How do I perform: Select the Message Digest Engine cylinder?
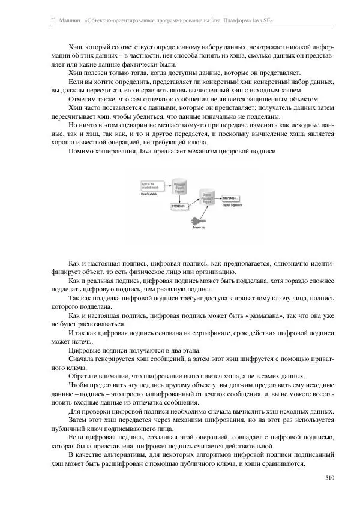[180, 188]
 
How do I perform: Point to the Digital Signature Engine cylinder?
[207, 200]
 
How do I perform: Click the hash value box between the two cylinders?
[180, 206]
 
